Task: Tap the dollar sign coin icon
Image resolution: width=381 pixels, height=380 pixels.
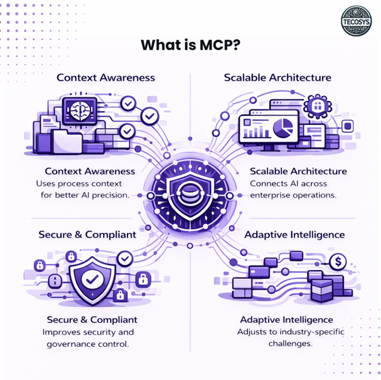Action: pos(339,259)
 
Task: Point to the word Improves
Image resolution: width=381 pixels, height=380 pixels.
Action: pos(61,332)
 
